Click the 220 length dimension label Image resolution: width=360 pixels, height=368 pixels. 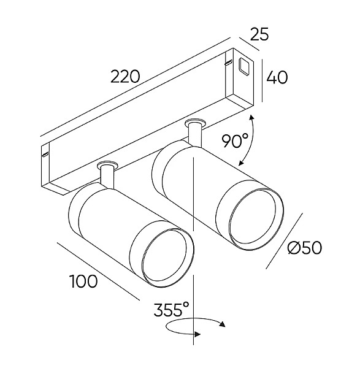click(x=125, y=77)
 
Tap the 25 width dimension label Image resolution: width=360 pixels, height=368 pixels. click(x=259, y=34)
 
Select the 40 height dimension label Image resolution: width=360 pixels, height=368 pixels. click(x=277, y=77)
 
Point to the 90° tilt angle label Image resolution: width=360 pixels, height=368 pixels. click(x=235, y=141)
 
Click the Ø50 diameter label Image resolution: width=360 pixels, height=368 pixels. click(x=305, y=248)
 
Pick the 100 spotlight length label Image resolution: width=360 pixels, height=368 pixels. click(x=83, y=281)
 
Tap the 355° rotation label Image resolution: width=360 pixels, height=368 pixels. click(x=171, y=309)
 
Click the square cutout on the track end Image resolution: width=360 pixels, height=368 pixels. click(x=244, y=67)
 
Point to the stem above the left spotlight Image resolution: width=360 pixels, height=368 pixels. click(x=107, y=177)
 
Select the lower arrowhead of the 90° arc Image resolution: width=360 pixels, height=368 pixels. click(x=241, y=163)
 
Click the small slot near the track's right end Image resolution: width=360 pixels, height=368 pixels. click(x=228, y=63)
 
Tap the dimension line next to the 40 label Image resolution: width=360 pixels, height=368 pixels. click(x=262, y=80)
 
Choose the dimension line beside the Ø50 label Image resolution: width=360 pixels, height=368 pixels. click(x=284, y=241)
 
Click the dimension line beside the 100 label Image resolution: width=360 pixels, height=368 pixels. click(x=98, y=271)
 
